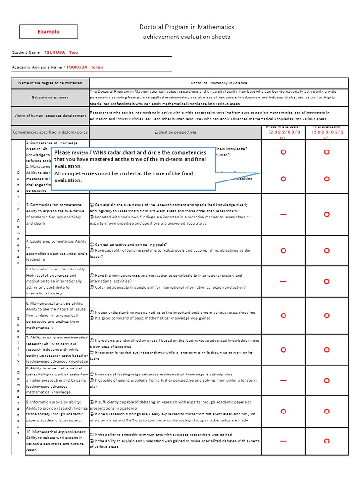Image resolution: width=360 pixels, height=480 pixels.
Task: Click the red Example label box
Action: coord(49,32)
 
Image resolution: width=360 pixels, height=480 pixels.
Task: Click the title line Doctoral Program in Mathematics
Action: coord(187,27)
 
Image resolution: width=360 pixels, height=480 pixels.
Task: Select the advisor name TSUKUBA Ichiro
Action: coord(85,67)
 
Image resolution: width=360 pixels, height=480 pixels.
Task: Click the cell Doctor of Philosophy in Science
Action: coord(219,83)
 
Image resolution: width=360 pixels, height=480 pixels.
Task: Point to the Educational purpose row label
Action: coord(50,97)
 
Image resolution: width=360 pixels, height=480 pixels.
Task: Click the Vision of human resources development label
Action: coord(50,115)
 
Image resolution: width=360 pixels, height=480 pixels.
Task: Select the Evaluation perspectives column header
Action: coord(175,132)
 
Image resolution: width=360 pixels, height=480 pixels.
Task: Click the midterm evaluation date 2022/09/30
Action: coord(283,133)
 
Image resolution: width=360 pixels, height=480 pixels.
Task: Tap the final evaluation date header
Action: coord(326,132)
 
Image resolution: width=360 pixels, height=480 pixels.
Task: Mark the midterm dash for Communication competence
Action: coord(283,214)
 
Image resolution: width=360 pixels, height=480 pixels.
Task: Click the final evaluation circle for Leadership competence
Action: coord(327,251)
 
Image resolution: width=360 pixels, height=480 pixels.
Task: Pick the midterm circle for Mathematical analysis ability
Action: coord(283,315)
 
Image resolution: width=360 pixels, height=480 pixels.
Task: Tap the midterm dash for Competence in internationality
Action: coord(283,281)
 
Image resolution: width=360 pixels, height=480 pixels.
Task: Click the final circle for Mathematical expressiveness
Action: coord(327,441)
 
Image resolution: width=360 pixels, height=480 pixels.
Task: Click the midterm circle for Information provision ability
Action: coord(283,411)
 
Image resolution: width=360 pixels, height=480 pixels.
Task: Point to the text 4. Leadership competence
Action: coord(56,241)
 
